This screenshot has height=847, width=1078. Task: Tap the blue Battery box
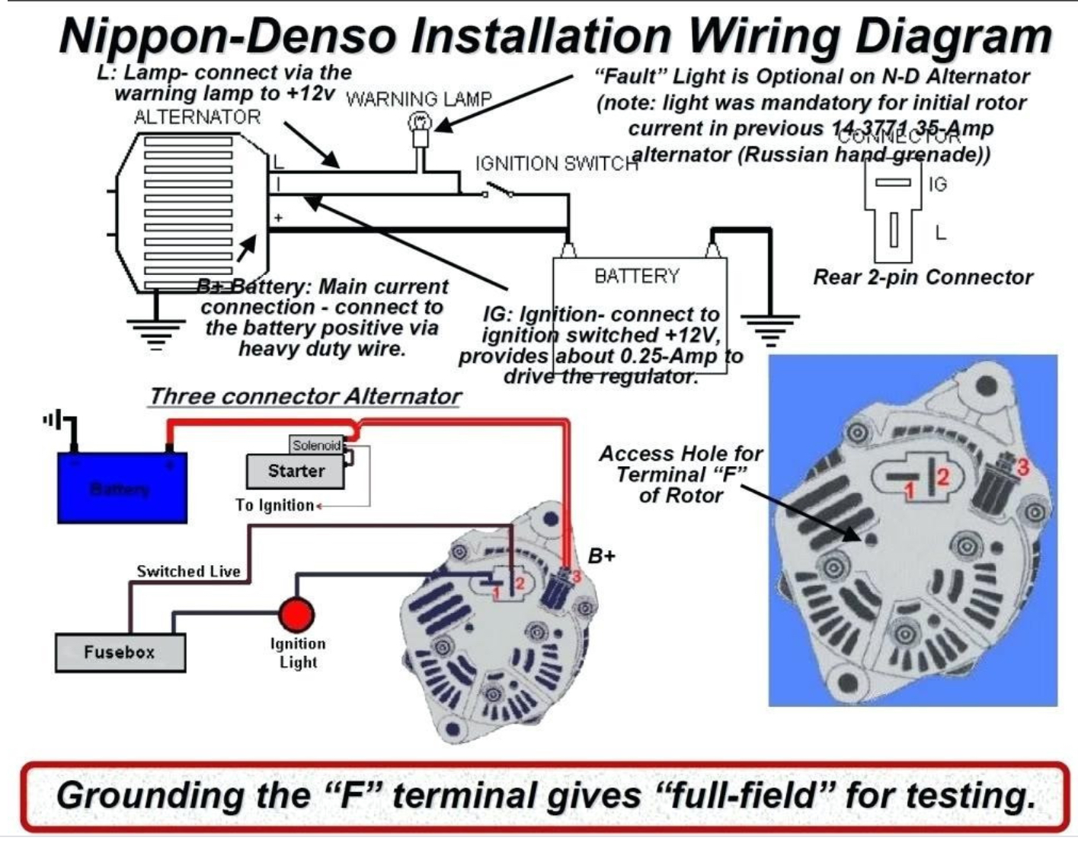(122, 488)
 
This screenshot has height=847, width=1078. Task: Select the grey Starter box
(296, 471)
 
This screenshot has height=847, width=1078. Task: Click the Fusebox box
(120, 653)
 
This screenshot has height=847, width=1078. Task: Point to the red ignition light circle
(296, 615)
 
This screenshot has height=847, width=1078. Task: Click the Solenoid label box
(316, 446)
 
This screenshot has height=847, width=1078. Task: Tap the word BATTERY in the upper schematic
(636, 276)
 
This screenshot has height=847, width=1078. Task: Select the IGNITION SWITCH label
(556, 164)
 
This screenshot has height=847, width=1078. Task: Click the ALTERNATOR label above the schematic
(197, 117)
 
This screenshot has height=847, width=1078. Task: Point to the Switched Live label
(188, 571)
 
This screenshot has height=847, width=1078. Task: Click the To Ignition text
(275, 505)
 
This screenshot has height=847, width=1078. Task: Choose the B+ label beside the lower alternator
(601, 556)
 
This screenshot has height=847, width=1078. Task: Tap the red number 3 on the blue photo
(1022, 466)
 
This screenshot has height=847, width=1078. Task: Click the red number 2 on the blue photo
(942, 477)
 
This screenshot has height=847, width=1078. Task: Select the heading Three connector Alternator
(305, 396)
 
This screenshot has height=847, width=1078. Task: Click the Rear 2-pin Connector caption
(923, 276)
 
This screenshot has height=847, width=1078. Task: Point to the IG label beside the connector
(937, 184)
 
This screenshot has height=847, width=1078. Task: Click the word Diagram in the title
(954, 36)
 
